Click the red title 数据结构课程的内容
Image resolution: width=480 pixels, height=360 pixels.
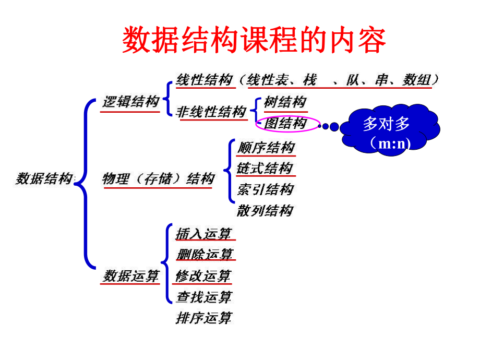[254, 40]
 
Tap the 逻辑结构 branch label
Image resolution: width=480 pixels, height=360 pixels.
[130, 102]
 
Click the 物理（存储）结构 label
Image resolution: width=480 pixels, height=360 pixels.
[158, 179]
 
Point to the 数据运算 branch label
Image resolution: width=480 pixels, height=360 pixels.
[130, 275]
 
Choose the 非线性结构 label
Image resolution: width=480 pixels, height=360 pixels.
[211, 112]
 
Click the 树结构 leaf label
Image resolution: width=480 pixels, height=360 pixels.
[285, 102]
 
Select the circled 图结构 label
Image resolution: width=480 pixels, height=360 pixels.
[285, 124]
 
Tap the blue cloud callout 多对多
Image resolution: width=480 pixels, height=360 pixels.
[387, 124]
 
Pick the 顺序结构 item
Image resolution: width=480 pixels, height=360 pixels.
[266, 148]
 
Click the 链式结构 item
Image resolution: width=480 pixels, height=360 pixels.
[265, 169]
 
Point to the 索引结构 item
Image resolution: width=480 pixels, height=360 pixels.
[265, 189]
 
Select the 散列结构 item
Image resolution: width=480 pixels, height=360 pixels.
[265, 211]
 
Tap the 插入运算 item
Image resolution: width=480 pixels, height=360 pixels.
[204, 234]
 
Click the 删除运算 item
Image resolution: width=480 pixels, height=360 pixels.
[205, 255]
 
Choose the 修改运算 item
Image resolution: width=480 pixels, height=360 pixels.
[203, 275]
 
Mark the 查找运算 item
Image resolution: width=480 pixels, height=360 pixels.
[204, 297]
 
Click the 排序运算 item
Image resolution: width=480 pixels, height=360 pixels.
[204, 318]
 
